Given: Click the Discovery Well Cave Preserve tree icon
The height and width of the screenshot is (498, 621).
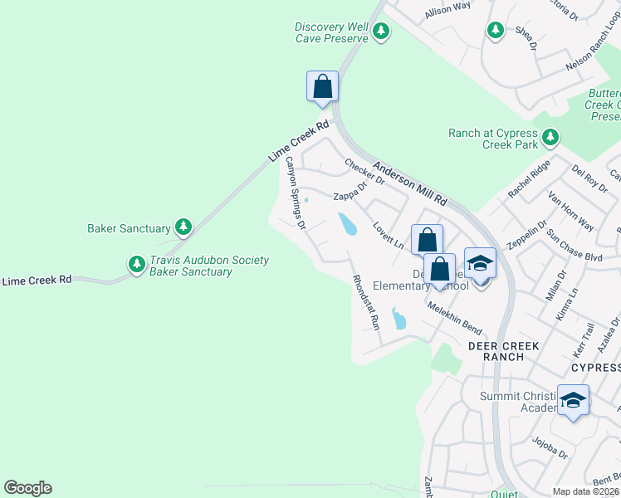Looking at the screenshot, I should (381, 32).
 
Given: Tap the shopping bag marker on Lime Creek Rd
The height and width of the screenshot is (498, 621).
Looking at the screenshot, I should (323, 86).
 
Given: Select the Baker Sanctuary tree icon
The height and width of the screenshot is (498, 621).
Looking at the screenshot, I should (183, 227).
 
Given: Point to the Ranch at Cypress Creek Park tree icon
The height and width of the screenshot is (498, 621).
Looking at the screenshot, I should (550, 137).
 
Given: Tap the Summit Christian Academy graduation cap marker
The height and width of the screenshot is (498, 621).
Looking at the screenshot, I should (573, 401).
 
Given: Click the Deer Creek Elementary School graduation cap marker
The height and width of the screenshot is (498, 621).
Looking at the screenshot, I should (480, 264).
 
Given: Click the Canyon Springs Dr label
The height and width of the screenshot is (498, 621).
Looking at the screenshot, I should (296, 193).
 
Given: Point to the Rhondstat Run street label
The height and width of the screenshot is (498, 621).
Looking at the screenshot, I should (365, 303).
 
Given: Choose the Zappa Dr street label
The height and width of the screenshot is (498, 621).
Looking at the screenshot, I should (350, 194).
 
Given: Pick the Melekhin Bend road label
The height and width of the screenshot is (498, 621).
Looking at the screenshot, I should (454, 318).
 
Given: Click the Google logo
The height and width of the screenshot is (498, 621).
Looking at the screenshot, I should (28, 488).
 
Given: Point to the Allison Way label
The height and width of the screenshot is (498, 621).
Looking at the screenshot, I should (447, 10).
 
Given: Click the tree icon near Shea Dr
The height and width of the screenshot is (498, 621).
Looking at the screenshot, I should (496, 30).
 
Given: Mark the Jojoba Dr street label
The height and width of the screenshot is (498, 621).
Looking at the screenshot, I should (550, 448).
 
